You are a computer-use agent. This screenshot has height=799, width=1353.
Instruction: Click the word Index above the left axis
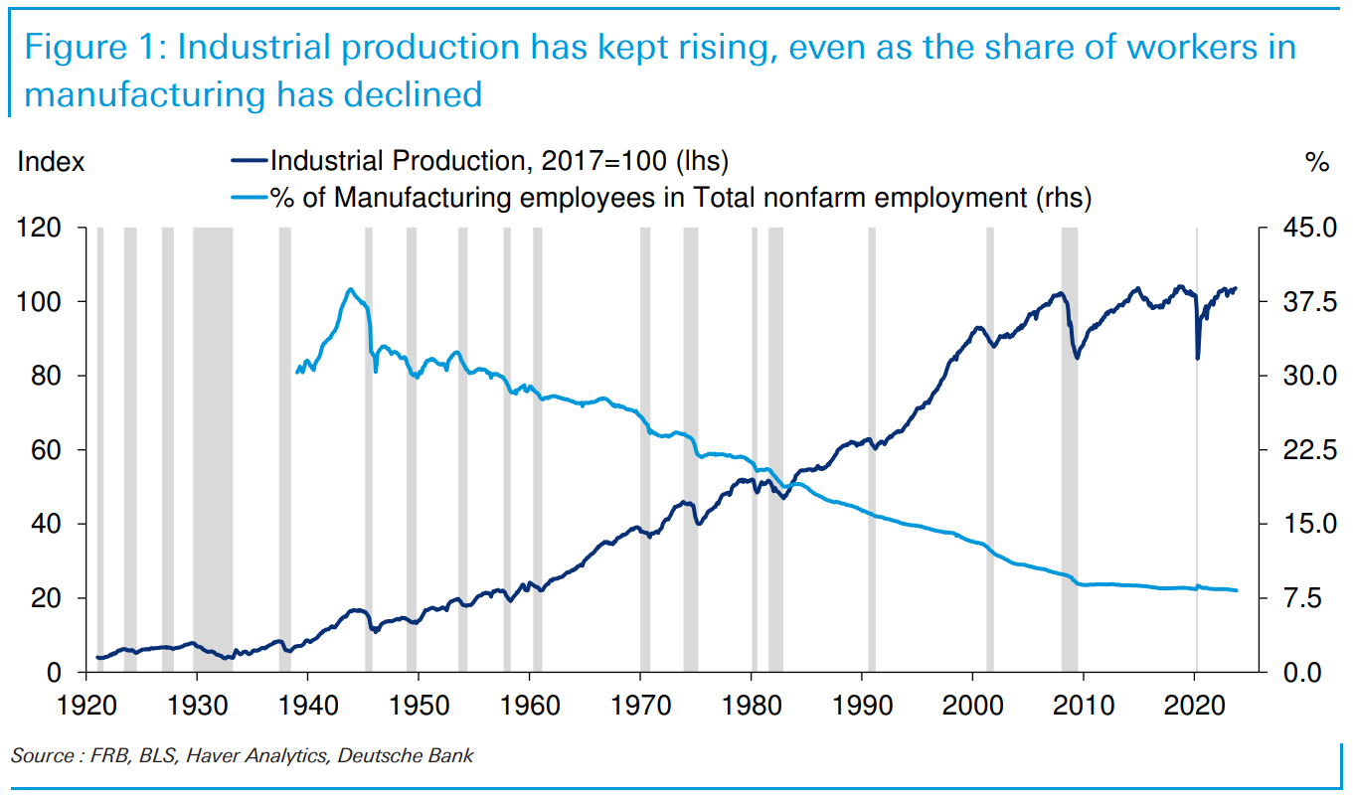pyautogui.click(x=51, y=162)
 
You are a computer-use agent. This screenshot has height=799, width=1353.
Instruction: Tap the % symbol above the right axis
pyautogui.click(x=1317, y=162)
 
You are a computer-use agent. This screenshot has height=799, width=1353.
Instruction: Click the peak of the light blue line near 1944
pyautogui.click(x=350, y=289)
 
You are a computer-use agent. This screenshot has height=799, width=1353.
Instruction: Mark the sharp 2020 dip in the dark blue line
pyautogui.click(x=1198, y=358)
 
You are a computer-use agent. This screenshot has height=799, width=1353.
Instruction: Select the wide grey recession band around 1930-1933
pyautogui.click(x=212, y=447)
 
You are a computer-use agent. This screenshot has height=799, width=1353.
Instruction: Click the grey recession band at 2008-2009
pyautogui.click(x=1069, y=447)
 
